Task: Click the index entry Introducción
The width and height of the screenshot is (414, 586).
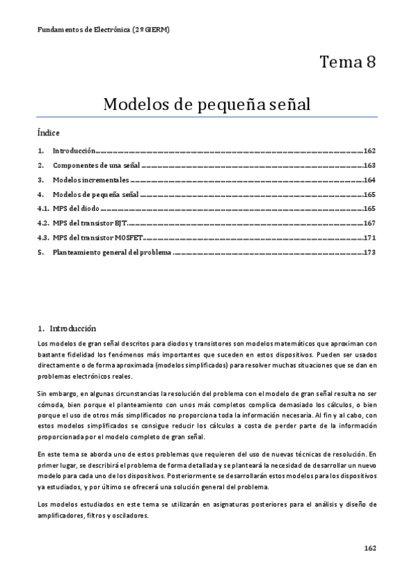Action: (73, 151)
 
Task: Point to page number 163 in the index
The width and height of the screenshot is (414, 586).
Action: (369, 165)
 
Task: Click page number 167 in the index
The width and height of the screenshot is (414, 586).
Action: (369, 223)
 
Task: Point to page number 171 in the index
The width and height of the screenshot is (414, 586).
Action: (369, 238)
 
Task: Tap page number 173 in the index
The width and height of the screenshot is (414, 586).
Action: (369, 253)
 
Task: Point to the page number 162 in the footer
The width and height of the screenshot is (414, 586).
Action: (370, 548)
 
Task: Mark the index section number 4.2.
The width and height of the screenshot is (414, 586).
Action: (42, 223)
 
